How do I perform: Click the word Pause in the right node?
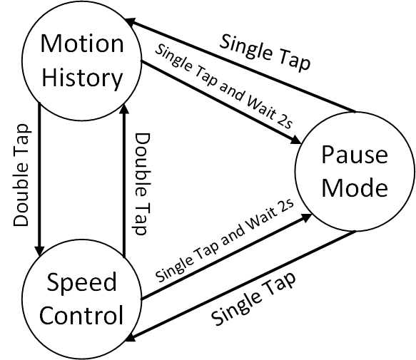pyautogui.click(x=354, y=157)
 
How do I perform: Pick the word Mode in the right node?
pyautogui.click(x=354, y=188)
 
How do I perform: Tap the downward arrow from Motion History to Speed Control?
pyautogui.click(x=39, y=178)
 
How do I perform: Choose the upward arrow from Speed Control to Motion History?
pyautogui.click(x=123, y=178)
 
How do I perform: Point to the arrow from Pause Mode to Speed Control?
pyautogui.click(x=243, y=286)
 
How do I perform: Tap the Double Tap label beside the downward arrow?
pyautogui.click(x=22, y=175)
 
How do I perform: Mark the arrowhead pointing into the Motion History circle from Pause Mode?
pyautogui.click(x=133, y=25)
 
